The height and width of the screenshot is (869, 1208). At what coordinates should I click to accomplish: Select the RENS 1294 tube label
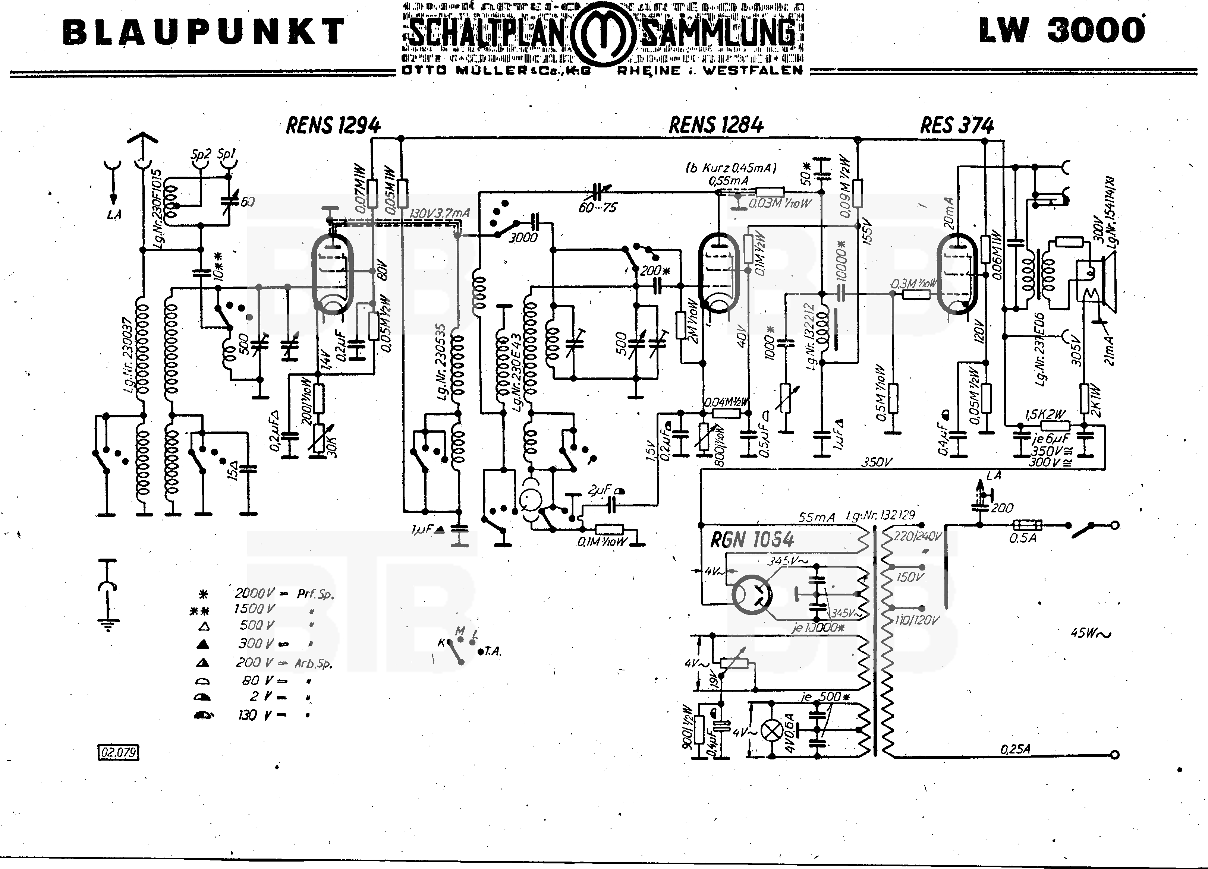click(333, 126)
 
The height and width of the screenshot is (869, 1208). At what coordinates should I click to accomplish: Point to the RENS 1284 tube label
click(716, 125)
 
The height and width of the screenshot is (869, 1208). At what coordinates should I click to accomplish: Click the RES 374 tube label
click(957, 126)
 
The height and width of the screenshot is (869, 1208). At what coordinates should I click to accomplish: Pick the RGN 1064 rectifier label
click(752, 540)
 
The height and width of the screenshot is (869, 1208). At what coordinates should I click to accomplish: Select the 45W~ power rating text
click(1090, 633)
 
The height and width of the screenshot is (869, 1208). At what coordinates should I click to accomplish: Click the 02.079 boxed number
click(118, 752)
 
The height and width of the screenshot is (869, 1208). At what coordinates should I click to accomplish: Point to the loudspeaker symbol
click(1108, 282)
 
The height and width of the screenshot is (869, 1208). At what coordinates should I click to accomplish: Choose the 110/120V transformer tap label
click(916, 620)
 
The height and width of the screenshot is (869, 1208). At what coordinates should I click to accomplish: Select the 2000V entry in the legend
click(255, 593)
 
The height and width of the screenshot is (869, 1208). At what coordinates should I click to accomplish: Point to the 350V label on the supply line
click(876, 462)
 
